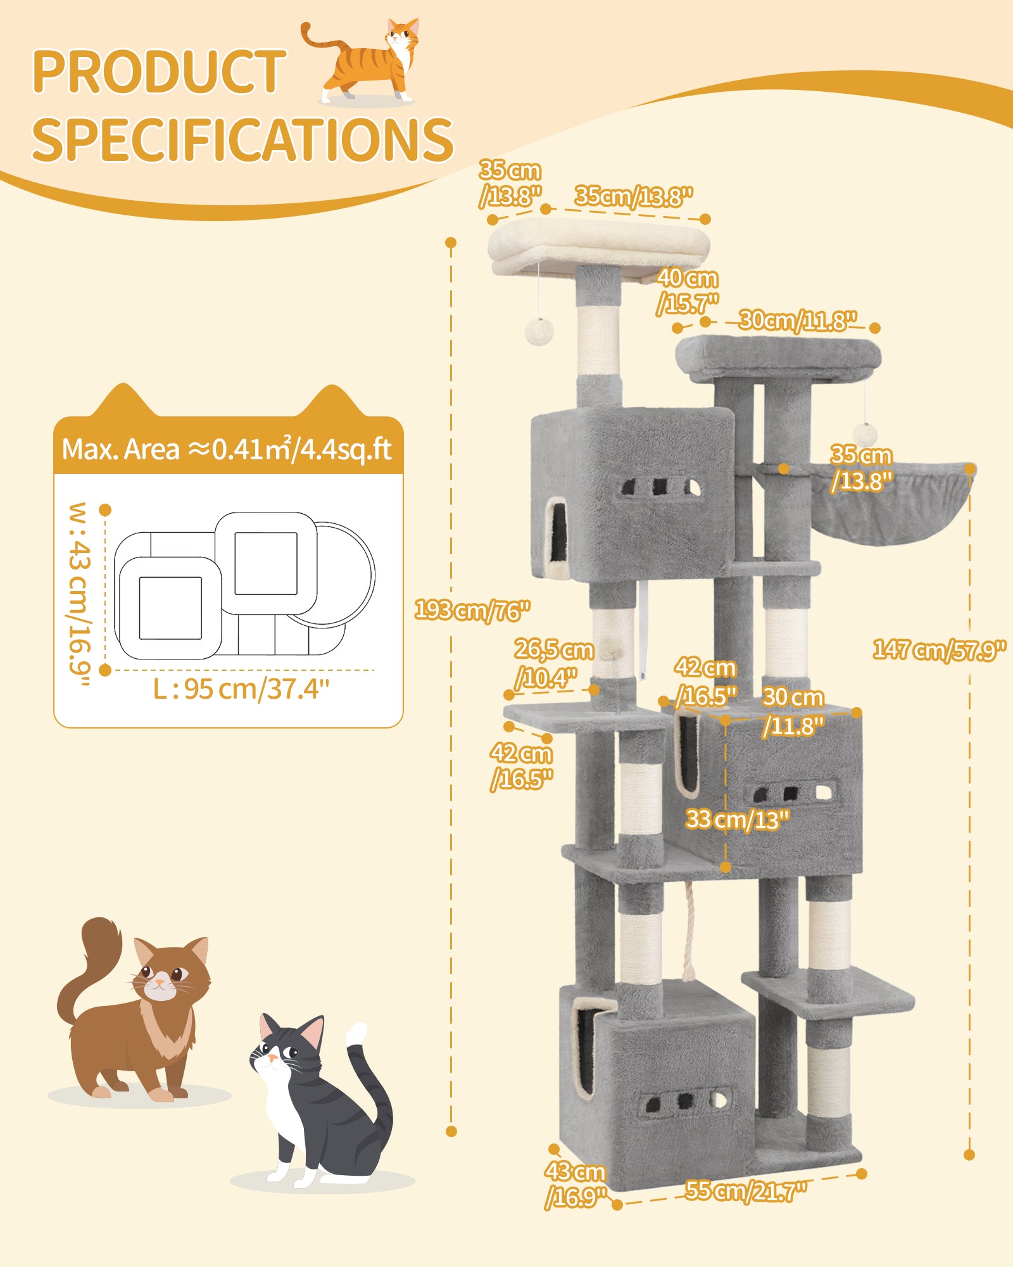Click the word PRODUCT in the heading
[158, 71]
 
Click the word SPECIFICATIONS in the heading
[242, 139]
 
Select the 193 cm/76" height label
[472, 611]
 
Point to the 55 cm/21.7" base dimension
[745, 1191]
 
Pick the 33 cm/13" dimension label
[737, 820]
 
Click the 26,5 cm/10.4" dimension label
[552, 663]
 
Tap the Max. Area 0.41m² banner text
[227, 450]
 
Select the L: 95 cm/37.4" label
[241, 689]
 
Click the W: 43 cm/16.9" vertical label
[81, 594]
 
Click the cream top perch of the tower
[598, 244]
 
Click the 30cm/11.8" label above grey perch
[798, 321]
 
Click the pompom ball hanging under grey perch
[865, 435]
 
